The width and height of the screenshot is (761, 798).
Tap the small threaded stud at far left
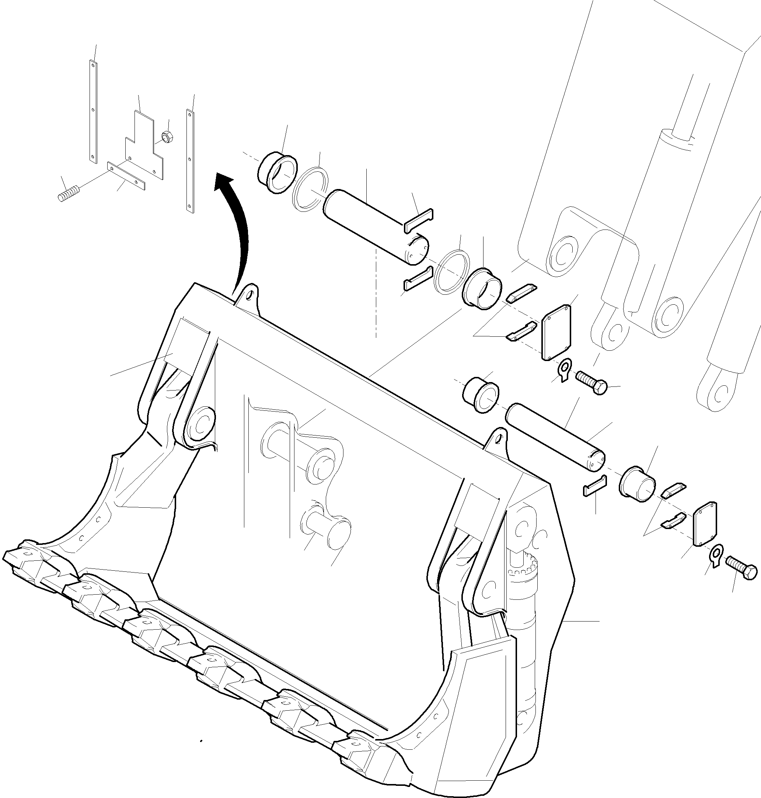[x=68, y=194]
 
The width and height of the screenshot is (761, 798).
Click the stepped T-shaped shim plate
[x=144, y=146]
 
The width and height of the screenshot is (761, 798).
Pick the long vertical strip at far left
[x=93, y=112]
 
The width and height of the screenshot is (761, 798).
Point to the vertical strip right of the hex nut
[x=190, y=160]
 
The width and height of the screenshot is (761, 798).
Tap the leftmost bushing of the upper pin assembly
[x=277, y=173]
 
